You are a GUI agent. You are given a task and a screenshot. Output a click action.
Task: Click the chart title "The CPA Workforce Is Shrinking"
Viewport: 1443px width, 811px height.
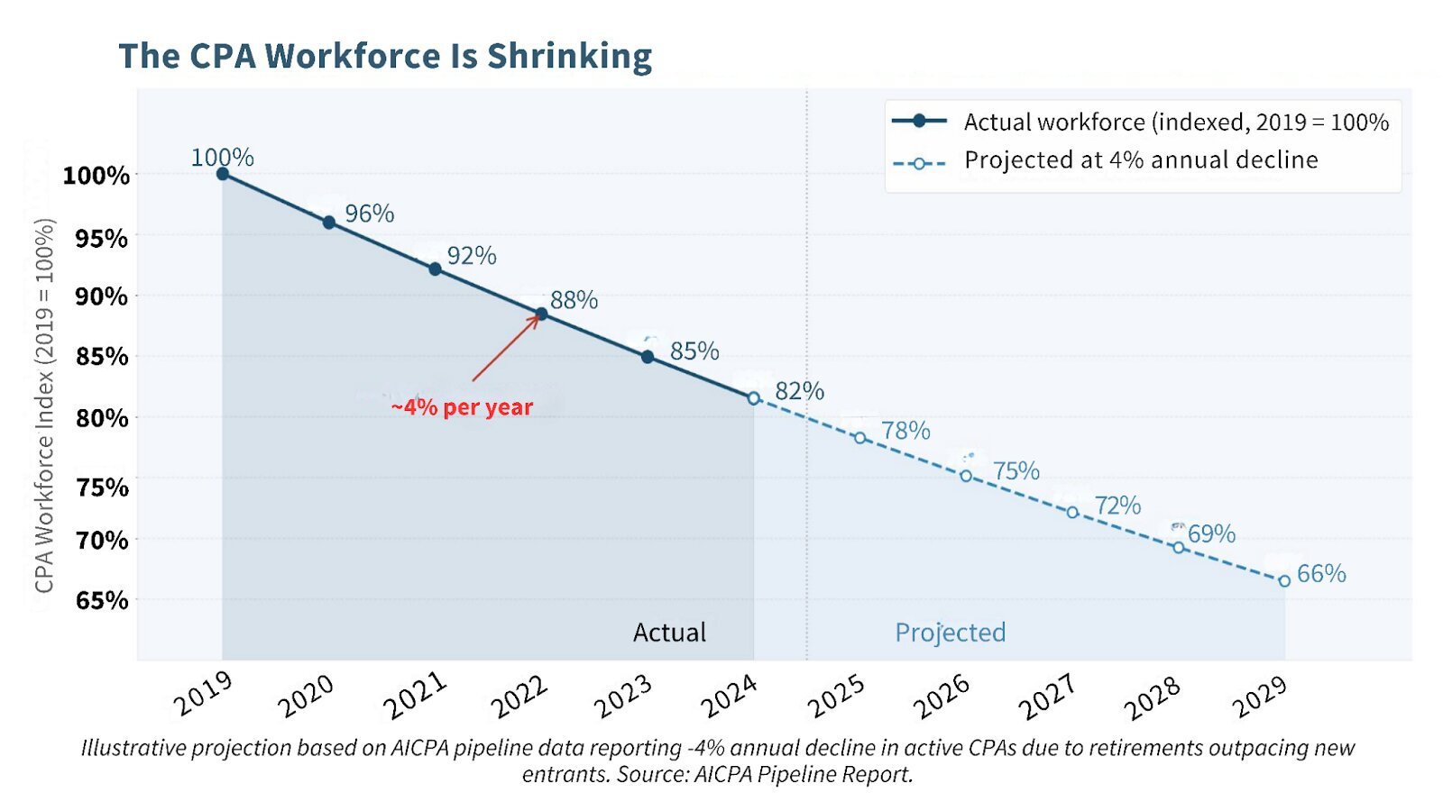[x=385, y=56]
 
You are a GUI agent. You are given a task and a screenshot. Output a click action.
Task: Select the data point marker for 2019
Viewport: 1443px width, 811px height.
[x=223, y=174]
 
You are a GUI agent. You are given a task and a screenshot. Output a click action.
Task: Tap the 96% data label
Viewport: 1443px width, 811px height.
[x=370, y=214]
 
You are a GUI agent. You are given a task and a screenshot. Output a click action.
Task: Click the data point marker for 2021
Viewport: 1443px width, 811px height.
[x=435, y=269]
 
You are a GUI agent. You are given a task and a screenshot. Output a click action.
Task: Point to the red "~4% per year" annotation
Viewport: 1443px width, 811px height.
[x=462, y=407]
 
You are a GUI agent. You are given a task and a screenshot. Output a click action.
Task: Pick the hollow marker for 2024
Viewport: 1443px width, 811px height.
[x=753, y=398]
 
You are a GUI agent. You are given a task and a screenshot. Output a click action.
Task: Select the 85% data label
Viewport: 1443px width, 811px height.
[x=694, y=351]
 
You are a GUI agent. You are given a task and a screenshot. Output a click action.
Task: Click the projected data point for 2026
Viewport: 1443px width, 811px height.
[x=966, y=476]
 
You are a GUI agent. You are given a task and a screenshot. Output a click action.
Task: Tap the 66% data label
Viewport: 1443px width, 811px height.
[x=1321, y=573]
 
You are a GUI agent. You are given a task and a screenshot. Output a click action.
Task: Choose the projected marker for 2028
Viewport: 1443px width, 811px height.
[x=1179, y=547]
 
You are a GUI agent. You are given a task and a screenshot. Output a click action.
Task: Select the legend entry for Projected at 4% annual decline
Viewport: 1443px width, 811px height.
[x=1141, y=160]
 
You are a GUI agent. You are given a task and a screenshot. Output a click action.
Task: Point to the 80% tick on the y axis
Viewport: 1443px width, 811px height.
[x=102, y=418]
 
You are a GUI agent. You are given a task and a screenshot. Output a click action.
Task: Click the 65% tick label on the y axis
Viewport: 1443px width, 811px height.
[x=102, y=600]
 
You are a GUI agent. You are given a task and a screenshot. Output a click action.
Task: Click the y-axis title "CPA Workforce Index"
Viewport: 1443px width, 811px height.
[x=44, y=405]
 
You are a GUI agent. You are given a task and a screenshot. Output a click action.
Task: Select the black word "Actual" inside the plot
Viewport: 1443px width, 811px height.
[x=669, y=633]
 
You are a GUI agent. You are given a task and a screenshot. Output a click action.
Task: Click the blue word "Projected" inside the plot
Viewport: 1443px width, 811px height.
[x=950, y=633]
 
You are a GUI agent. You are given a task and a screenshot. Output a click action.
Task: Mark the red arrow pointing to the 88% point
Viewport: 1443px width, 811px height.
[x=505, y=349]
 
